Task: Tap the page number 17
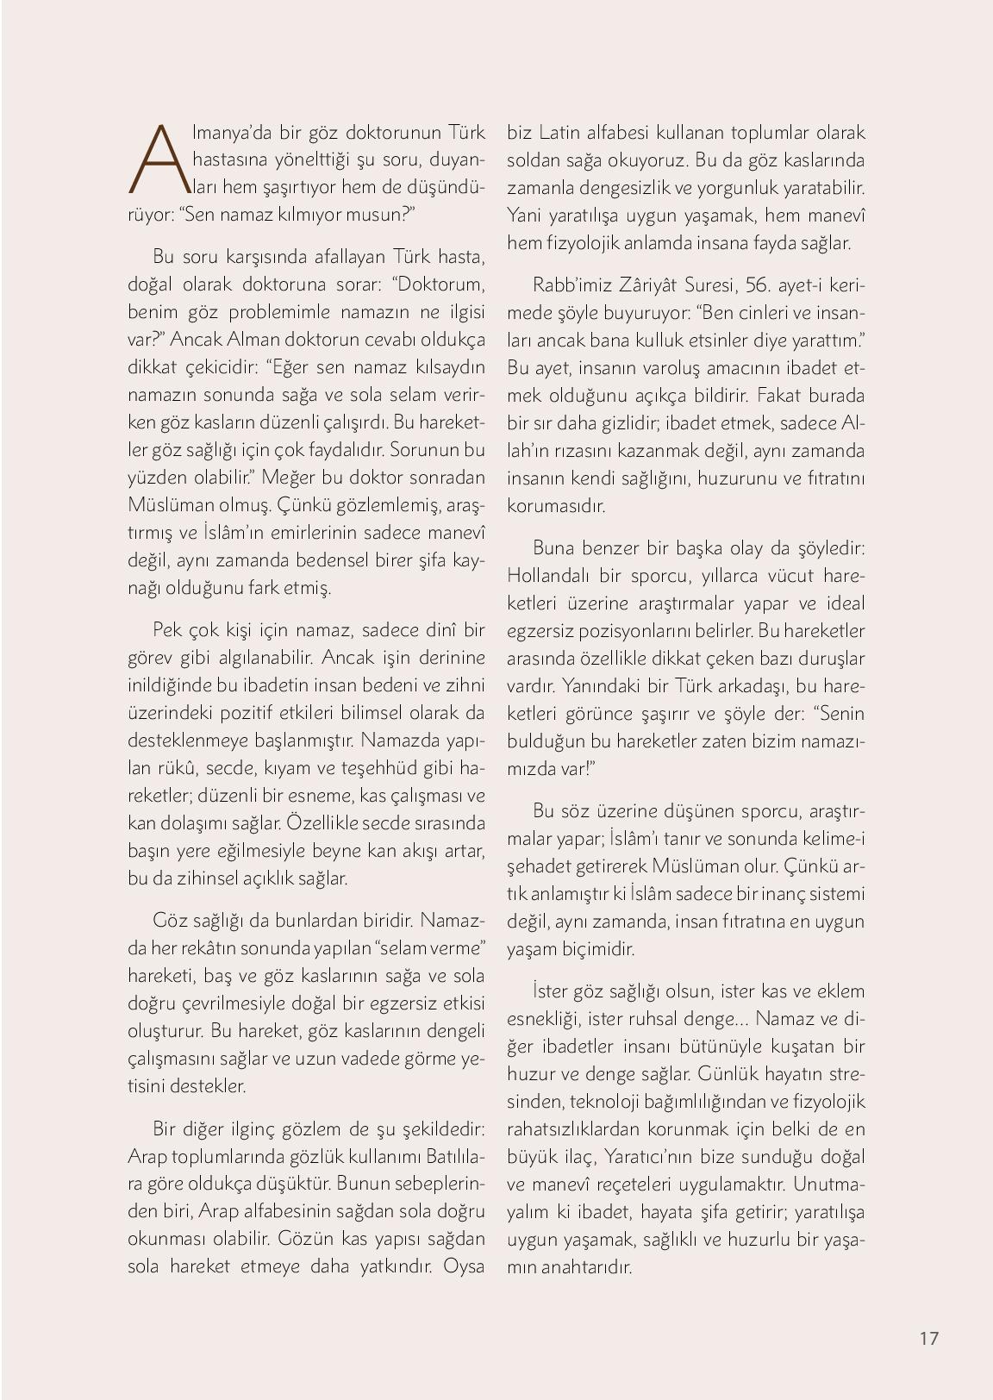tap(928, 1338)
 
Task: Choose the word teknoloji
tap(612, 1101)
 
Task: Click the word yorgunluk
tap(766, 188)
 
